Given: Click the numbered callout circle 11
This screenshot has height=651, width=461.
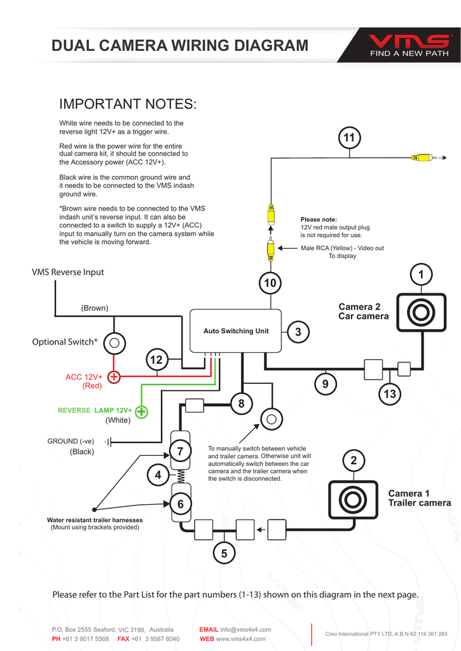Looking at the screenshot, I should [348, 138].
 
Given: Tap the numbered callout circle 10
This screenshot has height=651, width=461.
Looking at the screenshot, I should [270, 282].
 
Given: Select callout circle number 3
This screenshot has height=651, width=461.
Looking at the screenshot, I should [298, 332].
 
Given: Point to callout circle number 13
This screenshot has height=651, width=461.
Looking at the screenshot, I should [390, 394].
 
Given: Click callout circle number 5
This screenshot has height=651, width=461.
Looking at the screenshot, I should [224, 553].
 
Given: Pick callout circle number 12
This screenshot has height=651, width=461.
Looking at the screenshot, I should [156, 360].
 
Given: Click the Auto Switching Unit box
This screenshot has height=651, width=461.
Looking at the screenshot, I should [236, 331].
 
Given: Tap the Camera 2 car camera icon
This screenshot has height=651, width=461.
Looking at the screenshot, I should [420, 312].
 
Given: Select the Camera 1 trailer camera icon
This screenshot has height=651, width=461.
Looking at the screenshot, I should [352, 500].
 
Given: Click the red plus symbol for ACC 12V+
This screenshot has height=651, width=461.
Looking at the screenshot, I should [114, 378].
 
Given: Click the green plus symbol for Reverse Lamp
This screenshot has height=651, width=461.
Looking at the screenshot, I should [141, 412].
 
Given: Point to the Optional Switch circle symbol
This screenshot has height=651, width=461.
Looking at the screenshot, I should [114, 343].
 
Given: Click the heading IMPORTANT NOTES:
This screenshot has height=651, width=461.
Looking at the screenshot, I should [128, 104].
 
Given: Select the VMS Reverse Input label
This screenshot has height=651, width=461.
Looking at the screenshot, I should [68, 272].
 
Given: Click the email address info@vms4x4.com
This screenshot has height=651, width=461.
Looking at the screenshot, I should [245, 629].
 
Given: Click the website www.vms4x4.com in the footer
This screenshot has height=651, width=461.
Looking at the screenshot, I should [241, 638].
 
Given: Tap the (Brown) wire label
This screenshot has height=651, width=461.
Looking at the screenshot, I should [95, 308].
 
